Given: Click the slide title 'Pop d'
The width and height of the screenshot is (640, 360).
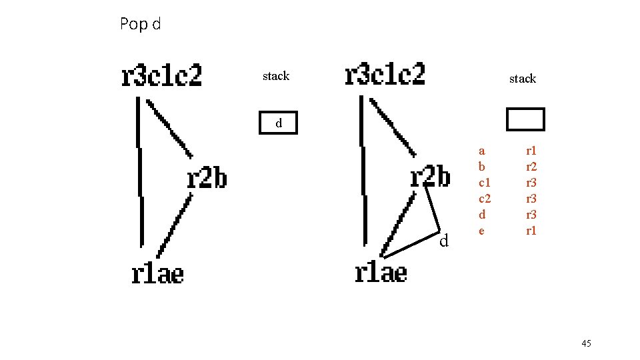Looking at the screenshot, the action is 140,25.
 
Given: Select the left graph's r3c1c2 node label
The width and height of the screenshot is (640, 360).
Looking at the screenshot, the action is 161,75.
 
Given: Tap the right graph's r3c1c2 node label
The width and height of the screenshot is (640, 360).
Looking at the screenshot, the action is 385,73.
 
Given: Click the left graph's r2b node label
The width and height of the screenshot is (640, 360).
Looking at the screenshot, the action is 207,179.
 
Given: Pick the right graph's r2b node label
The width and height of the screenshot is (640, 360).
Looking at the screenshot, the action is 430,177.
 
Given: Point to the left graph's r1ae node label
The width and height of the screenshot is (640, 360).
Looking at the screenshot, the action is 157,273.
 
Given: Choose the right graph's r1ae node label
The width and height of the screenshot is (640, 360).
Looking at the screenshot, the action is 381,272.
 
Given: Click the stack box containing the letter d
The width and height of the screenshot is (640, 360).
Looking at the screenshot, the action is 278,123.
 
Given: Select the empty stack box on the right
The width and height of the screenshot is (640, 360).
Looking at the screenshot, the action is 525,119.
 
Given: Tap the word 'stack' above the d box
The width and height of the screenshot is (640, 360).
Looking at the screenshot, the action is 276,76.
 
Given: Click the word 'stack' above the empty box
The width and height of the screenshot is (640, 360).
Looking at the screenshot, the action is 523,79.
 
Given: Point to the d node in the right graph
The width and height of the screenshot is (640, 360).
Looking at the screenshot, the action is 444,240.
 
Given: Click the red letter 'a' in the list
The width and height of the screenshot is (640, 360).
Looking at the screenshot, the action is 482,151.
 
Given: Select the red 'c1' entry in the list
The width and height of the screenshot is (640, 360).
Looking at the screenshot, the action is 485,183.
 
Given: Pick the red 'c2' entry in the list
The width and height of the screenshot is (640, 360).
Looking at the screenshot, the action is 485,199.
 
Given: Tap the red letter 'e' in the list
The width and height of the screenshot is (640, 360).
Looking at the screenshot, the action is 482,231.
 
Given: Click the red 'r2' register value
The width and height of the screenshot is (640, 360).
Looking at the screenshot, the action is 531,167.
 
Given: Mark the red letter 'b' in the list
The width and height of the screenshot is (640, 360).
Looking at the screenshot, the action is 482,167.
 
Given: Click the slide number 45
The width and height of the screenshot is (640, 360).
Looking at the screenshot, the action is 586,343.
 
